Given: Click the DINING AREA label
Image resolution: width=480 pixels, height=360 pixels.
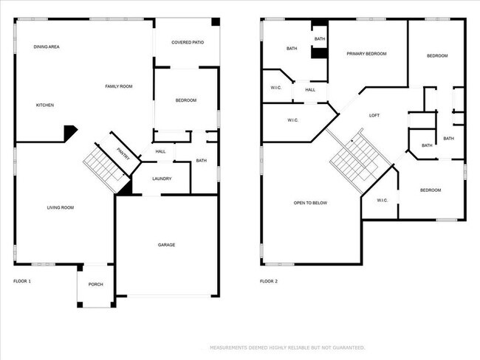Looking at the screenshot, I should (47, 47).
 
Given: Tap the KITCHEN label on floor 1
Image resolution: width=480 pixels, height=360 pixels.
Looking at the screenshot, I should (45, 105).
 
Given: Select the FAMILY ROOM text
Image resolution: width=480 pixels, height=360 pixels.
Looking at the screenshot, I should (118, 87).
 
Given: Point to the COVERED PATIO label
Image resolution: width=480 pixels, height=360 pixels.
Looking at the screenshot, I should (188, 43).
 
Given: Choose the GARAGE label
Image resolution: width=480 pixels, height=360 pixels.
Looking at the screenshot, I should (166, 245).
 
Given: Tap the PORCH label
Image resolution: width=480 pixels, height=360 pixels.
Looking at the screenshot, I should (96, 285).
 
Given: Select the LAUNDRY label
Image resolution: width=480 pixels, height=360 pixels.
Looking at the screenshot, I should (162, 179).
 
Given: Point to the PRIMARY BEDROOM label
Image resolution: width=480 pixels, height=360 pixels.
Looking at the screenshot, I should (366, 54).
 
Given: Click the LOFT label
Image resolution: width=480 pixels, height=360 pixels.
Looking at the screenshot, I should (374, 116).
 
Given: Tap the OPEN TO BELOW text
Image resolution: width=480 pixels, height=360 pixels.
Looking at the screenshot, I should (310, 203).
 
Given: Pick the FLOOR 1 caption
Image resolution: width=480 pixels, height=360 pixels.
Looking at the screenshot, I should (23, 281).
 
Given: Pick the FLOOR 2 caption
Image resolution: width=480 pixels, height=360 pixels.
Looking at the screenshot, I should (270, 281).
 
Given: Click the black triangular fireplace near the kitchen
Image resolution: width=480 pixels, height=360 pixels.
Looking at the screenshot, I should (70, 133).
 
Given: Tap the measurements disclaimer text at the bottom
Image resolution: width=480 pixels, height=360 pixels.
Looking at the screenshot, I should (287, 347).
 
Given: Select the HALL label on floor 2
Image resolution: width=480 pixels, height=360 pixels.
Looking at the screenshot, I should (310, 90).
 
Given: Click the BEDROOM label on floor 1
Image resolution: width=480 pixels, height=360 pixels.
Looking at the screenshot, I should (185, 100).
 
